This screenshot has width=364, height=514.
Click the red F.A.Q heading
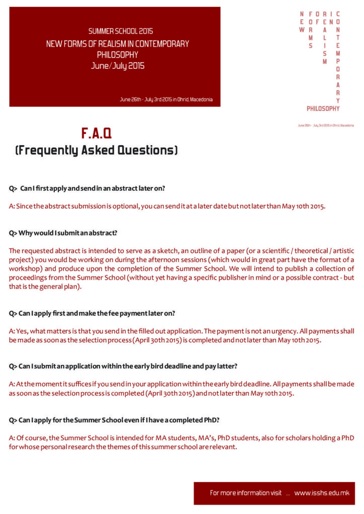[x=97, y=133]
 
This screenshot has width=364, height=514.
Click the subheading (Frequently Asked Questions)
[x=97, y=150]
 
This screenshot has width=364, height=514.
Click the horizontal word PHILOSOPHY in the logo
[x=323, y=108]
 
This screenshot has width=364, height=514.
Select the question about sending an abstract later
[x=87, y=188]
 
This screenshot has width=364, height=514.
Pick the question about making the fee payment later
[x=92, y=313]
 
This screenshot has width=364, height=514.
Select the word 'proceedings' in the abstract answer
[x=28, y=278]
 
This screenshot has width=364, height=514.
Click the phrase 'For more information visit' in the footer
[x=246, y=493]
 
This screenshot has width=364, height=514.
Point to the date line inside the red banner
[x=166, y=99]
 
